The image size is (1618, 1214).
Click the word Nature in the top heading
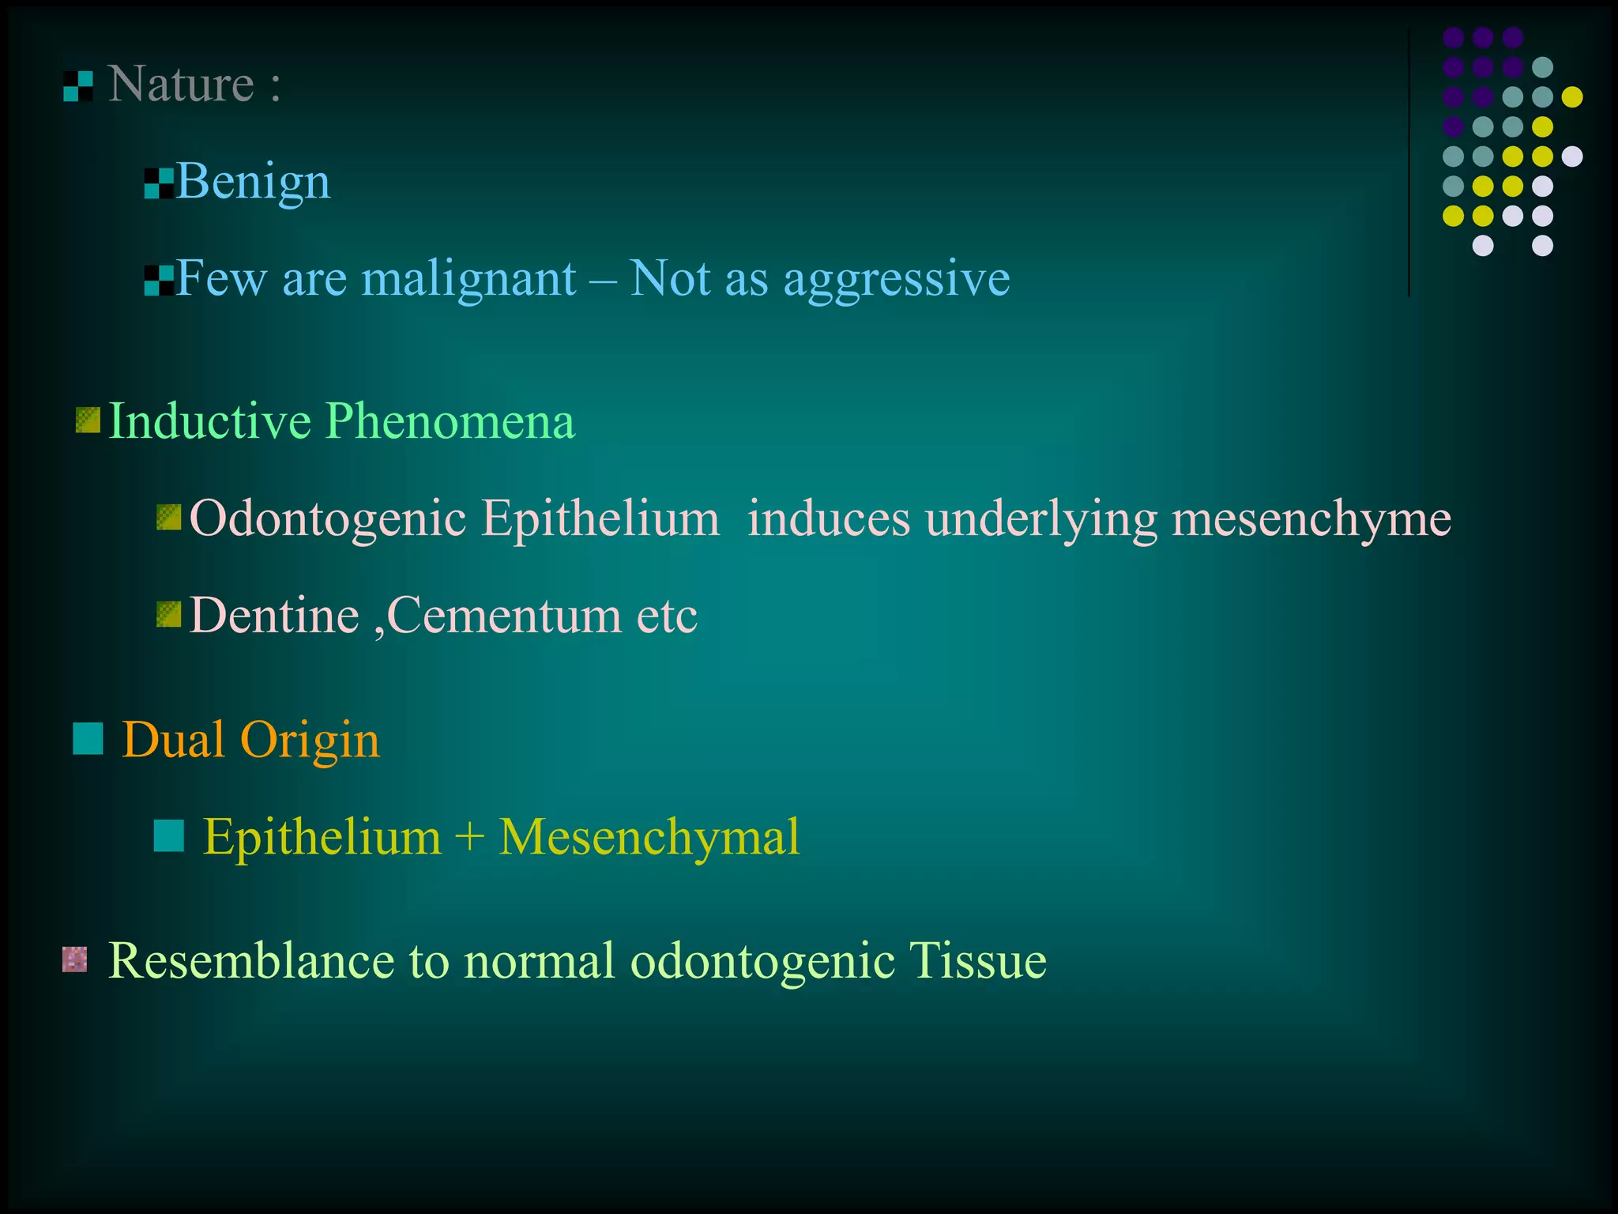[181, 84]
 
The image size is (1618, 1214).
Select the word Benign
[253, 182]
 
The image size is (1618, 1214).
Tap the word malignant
[468, 279]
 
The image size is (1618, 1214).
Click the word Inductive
[209, 420]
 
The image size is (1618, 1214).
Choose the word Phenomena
[450, 420]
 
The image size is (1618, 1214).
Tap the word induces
[829, 519]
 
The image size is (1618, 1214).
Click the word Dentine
[274, 616]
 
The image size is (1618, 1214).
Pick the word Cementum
[504, 616]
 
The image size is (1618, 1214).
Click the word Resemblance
[250, 961]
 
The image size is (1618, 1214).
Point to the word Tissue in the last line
[977, 961]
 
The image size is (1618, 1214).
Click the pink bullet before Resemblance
[74, 960]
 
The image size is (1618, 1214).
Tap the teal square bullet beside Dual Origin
[88, 739]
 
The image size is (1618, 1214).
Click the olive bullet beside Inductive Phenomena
[88, 420]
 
